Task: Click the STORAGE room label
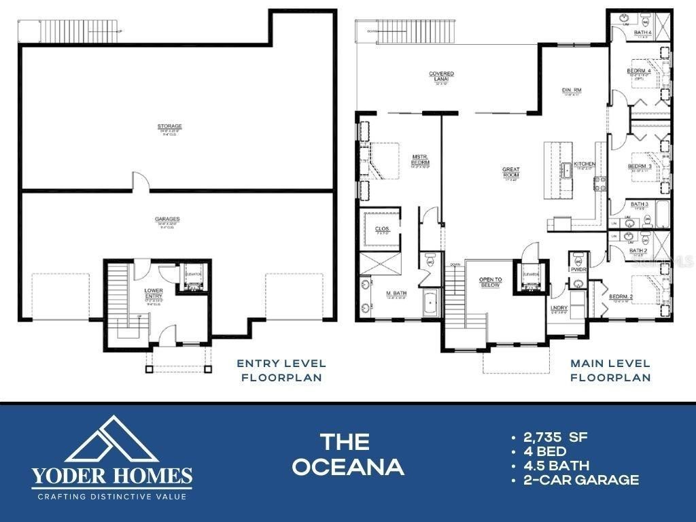click(170, 126)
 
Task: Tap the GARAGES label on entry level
click(167, 219)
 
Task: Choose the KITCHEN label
click(584, 164)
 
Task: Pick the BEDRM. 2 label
click(621, 297)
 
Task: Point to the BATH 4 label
click(642, 32)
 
